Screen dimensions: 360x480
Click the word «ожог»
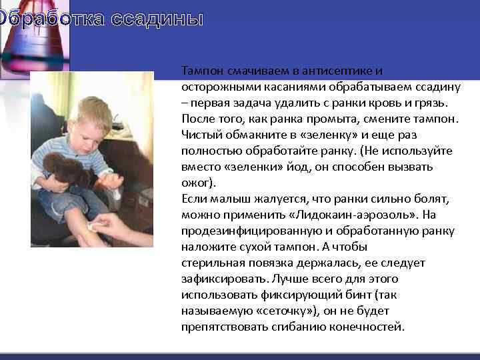click(x=196, y=183)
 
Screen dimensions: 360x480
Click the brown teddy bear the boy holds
click(x=67, y=170)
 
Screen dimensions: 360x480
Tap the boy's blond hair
click(x=93, y=110)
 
